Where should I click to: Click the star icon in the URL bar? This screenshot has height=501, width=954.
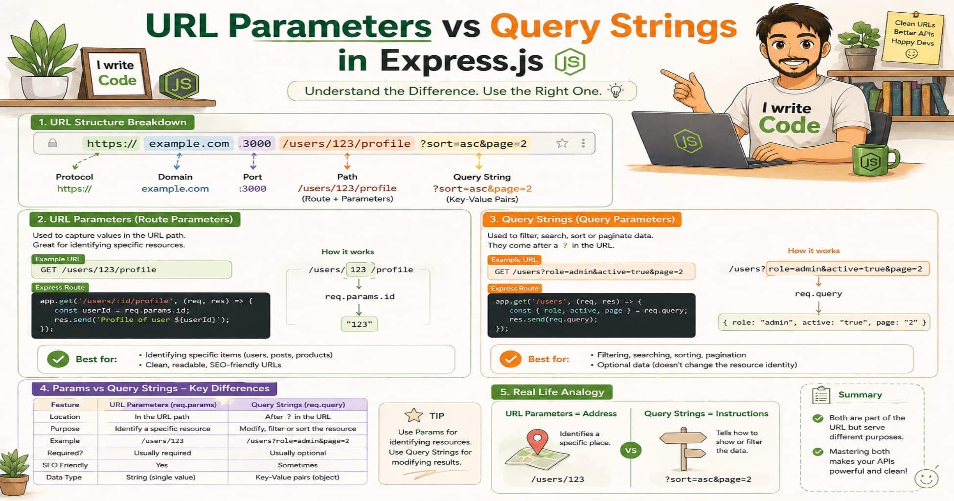pos(562,143)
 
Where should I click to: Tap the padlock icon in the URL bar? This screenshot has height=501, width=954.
pos(53,143)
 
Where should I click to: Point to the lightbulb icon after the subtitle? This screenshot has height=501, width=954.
pos(615,91)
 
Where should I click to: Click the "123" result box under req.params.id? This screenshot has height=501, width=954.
pos(359,324)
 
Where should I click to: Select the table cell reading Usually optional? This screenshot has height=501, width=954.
pos(297,453)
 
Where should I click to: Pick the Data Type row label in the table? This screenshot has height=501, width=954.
pos(64,477)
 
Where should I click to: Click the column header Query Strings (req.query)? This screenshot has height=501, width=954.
pos(298,405)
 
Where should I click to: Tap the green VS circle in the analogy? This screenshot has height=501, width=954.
pos(631,451)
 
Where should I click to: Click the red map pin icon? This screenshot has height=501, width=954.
pos(537,440)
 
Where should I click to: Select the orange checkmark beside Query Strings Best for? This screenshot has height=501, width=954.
pos(510,359)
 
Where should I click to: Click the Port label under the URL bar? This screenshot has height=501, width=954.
pos(252,177)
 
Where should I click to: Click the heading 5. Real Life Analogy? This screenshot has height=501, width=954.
pos(552,392)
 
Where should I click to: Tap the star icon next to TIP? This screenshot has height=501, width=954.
pos(414,415)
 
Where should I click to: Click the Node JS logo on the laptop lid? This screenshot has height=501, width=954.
pos(688,141)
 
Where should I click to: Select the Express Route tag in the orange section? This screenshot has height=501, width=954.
pos(515,289)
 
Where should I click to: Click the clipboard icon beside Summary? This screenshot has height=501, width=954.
pos(821,395)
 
